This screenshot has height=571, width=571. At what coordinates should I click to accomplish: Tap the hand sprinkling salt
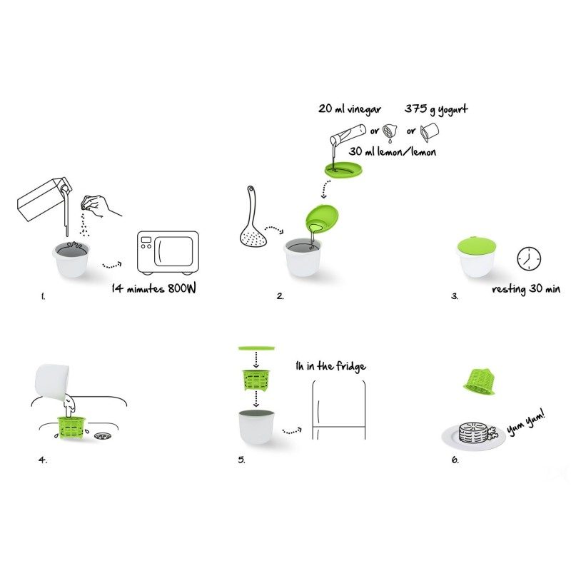click(x=100, y=206)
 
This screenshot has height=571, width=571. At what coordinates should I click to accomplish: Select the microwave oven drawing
click(x=168, y=253)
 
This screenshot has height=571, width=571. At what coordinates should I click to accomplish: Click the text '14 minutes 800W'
click(x=153, y=288)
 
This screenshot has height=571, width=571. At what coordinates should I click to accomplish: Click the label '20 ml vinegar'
click(x=350, y=109)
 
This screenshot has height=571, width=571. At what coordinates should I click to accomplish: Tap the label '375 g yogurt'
click(x=436, y=109)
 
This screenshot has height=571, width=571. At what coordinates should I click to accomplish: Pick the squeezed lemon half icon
click(x=390, y=132)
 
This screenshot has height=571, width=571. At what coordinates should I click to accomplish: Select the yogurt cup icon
click(x=430, y=132)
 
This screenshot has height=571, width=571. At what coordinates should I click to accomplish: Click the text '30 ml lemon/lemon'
click(x=392, y=151)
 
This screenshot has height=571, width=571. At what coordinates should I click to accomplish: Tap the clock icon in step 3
click(x=529, y=258)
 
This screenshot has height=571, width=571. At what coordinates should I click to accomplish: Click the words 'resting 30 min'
click(x=526, y=289)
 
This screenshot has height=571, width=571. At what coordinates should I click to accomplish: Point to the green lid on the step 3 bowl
click(x=476, y=246)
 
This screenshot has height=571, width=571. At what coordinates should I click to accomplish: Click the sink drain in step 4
click(x=103, y=435)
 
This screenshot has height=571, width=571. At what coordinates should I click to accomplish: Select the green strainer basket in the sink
click(x=71, y=427)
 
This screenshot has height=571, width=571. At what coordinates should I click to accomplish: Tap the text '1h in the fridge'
click(x=330, y=366)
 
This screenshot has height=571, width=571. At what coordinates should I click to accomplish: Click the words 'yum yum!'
click(x=526, y=423)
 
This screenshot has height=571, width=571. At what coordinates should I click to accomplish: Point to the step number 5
click(x=241, y=460)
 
